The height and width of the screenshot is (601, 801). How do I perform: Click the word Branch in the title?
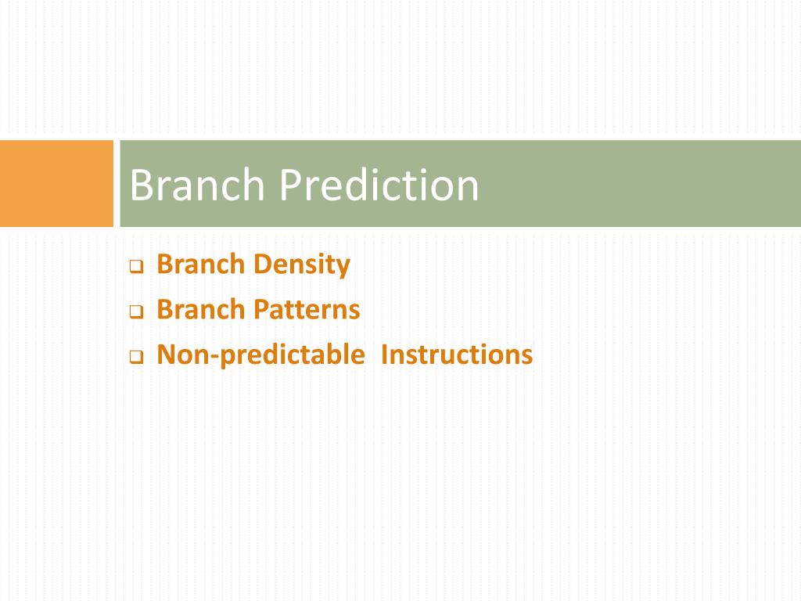tap(197, 185)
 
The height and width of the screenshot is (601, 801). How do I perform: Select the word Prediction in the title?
tap(379, 185)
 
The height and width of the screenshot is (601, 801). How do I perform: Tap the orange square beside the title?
tap(56, 183)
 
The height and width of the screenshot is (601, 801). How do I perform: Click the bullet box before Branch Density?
tap(136, 266)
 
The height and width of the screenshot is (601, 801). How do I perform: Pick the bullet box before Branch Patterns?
tap(136, 311)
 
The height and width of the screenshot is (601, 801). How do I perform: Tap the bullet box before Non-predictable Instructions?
tap(136, 356)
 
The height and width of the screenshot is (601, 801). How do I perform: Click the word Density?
tap(302, 265)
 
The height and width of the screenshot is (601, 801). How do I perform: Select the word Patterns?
tap(307, 310)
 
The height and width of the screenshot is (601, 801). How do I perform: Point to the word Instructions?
tap(457, 354)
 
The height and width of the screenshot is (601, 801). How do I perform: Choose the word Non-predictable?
tap(261, 355)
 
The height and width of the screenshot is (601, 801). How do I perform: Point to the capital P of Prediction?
tap(290, 185)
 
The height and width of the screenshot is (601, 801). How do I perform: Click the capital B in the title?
tap(142, 185)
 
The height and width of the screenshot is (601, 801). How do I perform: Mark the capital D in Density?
tap(264, 265)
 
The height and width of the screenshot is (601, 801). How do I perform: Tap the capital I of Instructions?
tap(384, 354)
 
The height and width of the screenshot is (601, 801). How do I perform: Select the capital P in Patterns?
tap(261, 309)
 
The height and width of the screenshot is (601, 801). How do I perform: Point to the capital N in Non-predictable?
tap(167, 354)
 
